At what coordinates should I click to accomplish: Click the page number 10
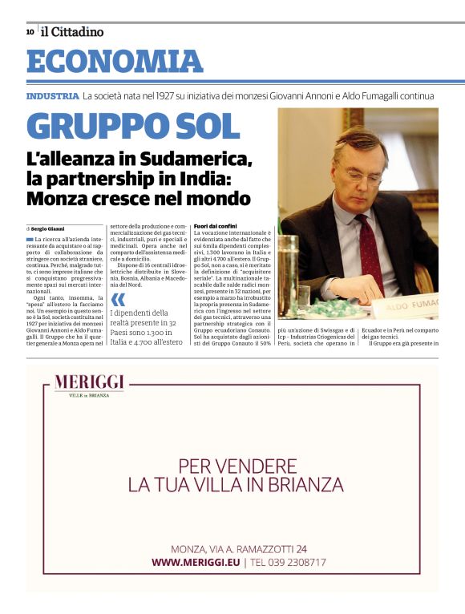pyautogui.click(x=30, y=32)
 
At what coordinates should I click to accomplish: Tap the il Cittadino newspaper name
pyautogui.click(x=72, y=32)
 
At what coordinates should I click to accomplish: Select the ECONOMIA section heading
pyautogui.click(x=115, y=61)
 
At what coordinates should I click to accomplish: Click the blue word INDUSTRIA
pyautogui.click(x=52, y=96)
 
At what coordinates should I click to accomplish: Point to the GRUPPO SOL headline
pyautogui.click(x=133, y=127)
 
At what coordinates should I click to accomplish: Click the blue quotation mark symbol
pyautogui.click(x=119, y=300)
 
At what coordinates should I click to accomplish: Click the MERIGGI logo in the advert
pyautogui.click(x=90, y=385)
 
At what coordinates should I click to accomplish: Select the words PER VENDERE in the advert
pyautogui.click(x=237, y=465)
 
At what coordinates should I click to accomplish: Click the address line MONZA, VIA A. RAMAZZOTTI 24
pyautogui.click(x=239, y=549)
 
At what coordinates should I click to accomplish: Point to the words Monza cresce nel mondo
pyautogui.click(x=139, y=197)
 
